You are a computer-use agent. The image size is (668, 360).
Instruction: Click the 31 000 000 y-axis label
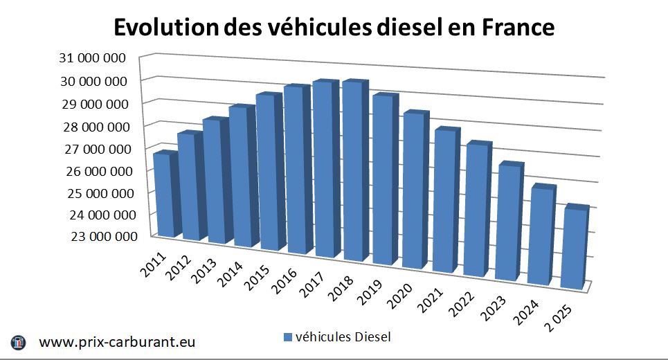pos(94,57)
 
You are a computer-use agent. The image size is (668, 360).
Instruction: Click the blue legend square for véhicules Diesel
pos(287,337)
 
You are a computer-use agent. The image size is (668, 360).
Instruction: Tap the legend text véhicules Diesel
pos(343,337)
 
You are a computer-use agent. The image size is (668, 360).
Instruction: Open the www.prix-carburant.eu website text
pos(118,342)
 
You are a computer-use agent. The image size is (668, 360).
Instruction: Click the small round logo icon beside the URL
pos(19,342)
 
